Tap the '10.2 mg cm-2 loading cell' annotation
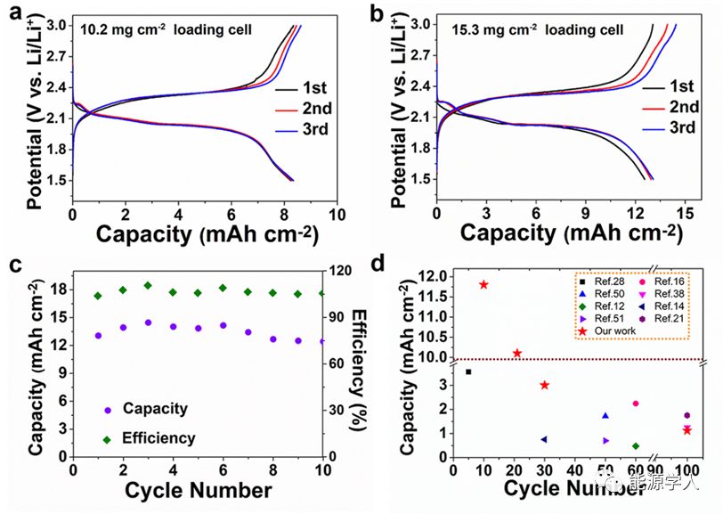click(166, 29)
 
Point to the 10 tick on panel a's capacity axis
click(337, 214)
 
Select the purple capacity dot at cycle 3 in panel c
click(148, 322)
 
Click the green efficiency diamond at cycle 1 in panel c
click(98, 296)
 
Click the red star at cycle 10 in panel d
click(483, 285)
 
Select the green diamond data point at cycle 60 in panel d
click(610, 446)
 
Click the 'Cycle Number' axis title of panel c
click(199, 491)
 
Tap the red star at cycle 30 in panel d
click(544, 385)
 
